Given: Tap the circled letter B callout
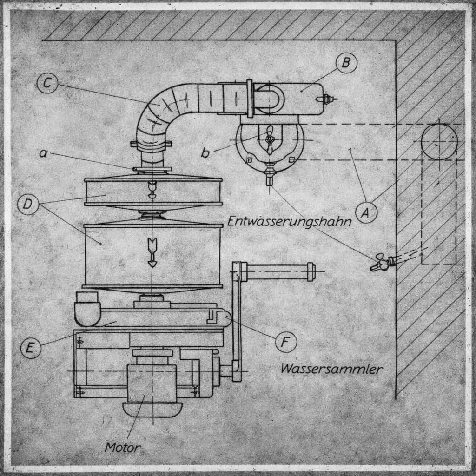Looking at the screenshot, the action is (x=346, y=63).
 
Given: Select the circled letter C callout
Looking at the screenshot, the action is (x=47, y=83).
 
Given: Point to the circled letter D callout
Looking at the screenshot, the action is (x=28, y=205).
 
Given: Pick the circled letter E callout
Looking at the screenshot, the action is (x=31, y=348).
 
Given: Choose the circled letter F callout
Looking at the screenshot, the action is (x=286, y=342).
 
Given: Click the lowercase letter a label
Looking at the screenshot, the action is (x=44, y=153).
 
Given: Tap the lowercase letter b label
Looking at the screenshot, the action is (x=205, y=152).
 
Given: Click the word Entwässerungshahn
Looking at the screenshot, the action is (x=289, y=221).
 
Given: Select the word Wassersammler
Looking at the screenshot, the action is (x=332, y=369).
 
